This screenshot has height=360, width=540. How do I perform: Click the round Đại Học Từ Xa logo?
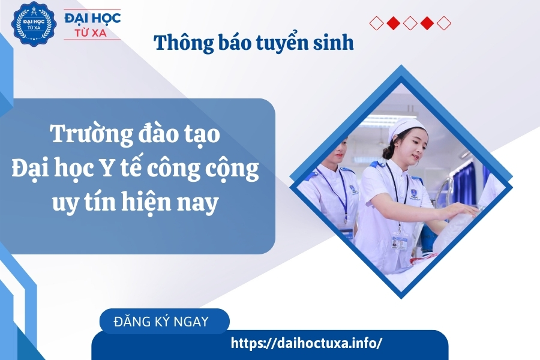(x=29, y=24)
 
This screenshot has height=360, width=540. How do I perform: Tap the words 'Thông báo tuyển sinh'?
(x=254, y=43)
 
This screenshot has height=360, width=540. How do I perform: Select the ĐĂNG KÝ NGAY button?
(x=161, y=321)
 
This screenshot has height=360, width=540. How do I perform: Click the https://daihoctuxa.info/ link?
(x=306, y=343)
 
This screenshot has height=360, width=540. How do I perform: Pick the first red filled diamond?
(x=393, y=23)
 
